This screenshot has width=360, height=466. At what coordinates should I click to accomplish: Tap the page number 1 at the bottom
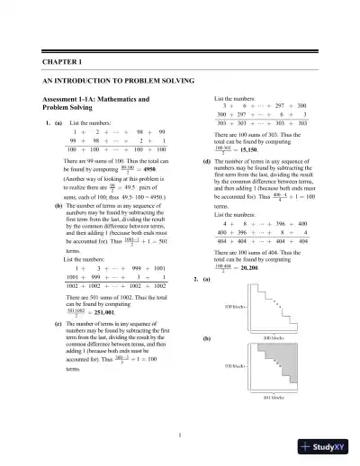pos(180,437)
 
